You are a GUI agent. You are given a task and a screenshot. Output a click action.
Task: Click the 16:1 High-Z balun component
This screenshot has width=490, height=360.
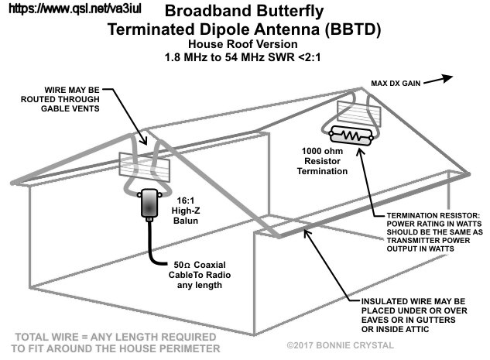point(147,204)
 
